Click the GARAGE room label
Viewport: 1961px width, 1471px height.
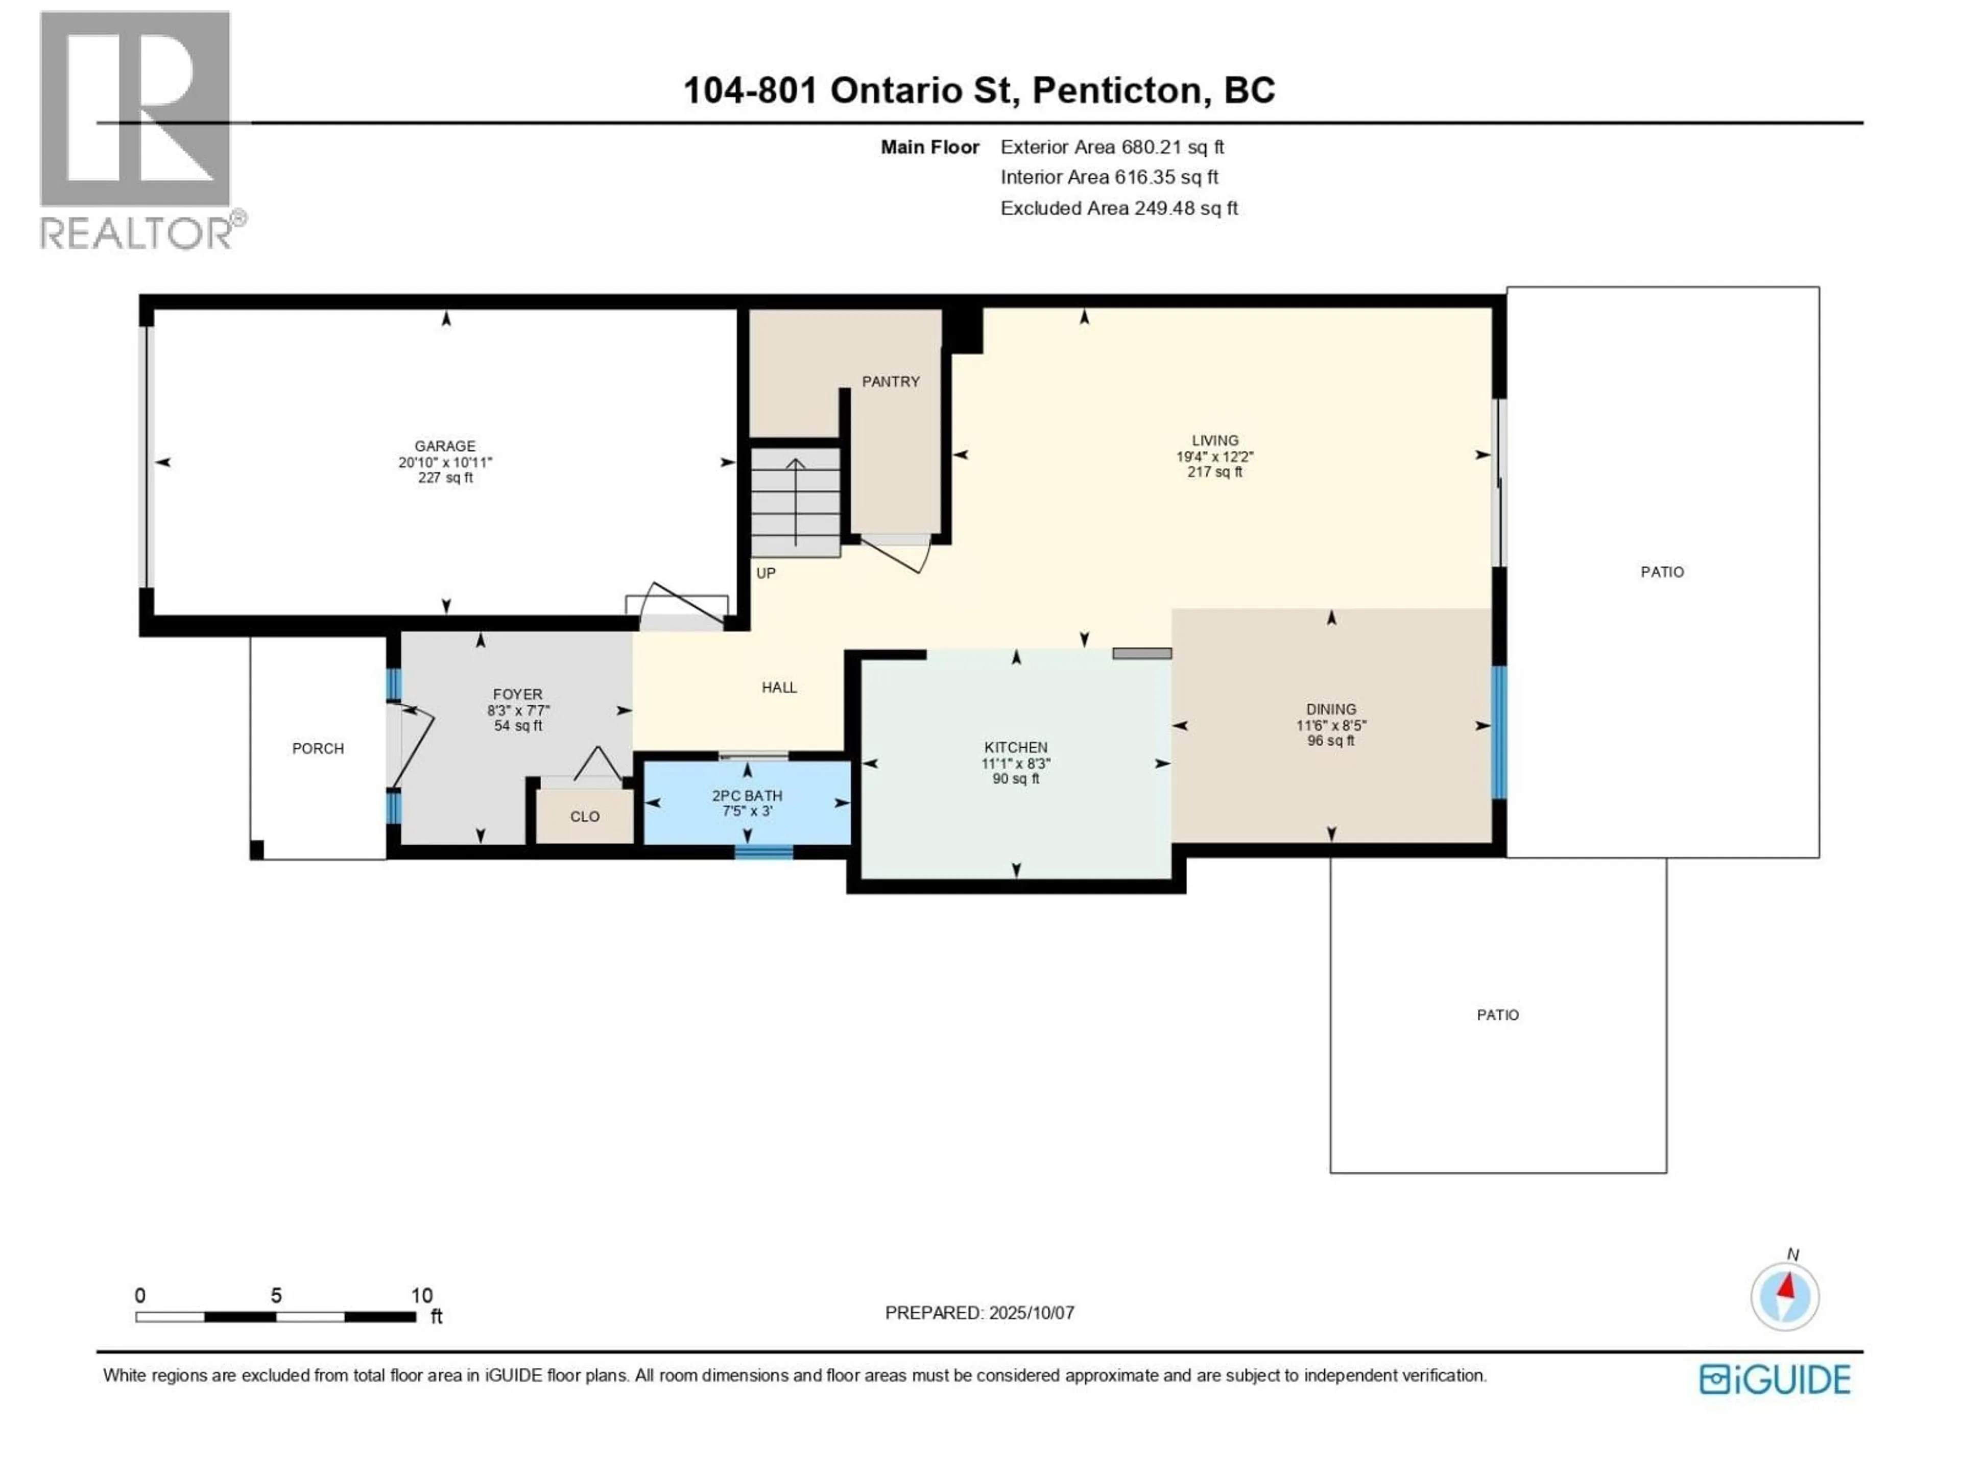click(x=445, y=446)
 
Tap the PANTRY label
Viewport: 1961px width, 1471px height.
click(x=891, y=381)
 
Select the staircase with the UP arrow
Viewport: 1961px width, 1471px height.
click(x=795, y=502)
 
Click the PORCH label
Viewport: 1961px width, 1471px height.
click(x=317, y=748)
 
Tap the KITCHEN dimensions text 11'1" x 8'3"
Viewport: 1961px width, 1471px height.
click(x=1016, y=764)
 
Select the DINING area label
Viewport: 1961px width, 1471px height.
click(x=1331, y=709)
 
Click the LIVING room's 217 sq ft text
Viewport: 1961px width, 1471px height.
click(x=1214, y=472)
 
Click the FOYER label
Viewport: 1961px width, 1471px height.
click(x=518, y=694)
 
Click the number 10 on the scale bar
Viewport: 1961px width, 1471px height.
click(x=422, y=1295)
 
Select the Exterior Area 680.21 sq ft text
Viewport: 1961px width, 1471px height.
click(x=1112, y=147)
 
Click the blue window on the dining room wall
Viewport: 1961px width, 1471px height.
click(x=1499, y=732)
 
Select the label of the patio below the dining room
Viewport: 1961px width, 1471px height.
click(x=1497, y=1014)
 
